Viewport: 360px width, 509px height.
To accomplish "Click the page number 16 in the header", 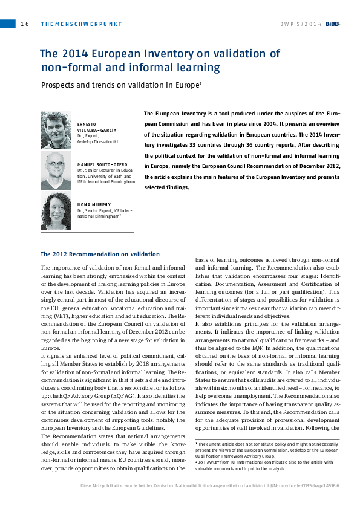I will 25,24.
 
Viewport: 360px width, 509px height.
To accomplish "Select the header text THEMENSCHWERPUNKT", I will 81,24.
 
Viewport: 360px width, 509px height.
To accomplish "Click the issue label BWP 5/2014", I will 301,24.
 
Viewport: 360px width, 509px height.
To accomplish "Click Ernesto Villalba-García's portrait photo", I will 56,130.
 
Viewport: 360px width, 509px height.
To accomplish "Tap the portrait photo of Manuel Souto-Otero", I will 56,170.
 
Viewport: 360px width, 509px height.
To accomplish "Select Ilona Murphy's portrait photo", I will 56,211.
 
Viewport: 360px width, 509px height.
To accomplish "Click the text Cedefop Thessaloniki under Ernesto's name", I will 97,141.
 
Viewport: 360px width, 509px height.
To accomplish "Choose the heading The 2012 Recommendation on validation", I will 100,254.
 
